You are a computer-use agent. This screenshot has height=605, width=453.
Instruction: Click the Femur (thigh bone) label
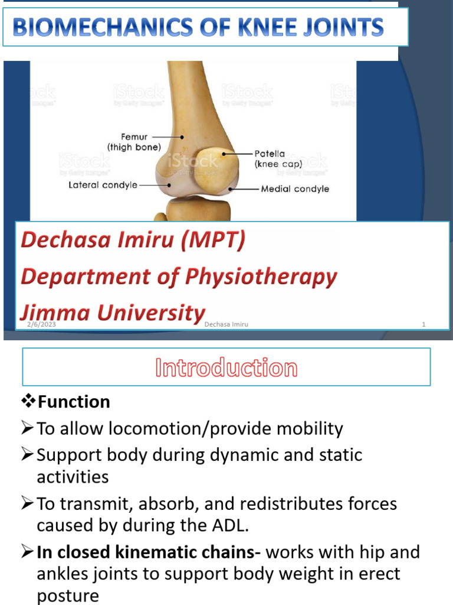[134, 142]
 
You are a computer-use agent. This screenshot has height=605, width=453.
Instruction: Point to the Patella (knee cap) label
[278, 158]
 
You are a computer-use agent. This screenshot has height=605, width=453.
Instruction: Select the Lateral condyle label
[103, 185]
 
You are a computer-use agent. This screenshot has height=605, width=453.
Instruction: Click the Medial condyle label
[295, 189]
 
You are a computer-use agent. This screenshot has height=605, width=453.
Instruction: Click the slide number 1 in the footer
[424, 324]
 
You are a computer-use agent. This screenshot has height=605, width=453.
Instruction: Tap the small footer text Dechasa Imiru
[226, 324]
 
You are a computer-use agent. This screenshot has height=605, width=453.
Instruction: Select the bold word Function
[74, 402]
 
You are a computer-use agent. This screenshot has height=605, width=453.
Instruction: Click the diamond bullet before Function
[28, 402]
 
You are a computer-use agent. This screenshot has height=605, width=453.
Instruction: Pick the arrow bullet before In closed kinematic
[28, 552]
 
